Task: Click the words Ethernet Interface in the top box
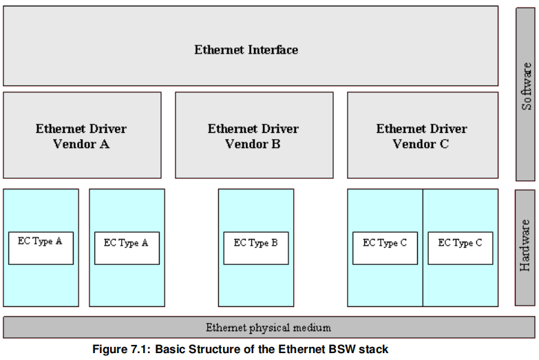coord(246,50)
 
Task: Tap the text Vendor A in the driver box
coord(81,144)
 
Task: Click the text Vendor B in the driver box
coord(253,144)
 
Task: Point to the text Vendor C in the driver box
coord(421,144)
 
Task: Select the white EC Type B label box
coord(255,248)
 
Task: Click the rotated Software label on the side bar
coord(526,87)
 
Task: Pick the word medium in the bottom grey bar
coord(313,328)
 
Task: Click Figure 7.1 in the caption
coord(121,349)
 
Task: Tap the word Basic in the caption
coord(170,349)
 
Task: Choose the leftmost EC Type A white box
coord(41,248)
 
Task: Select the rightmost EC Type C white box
coord(460,248)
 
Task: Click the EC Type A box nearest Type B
coord(127,248)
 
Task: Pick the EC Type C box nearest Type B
coord(385,248)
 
